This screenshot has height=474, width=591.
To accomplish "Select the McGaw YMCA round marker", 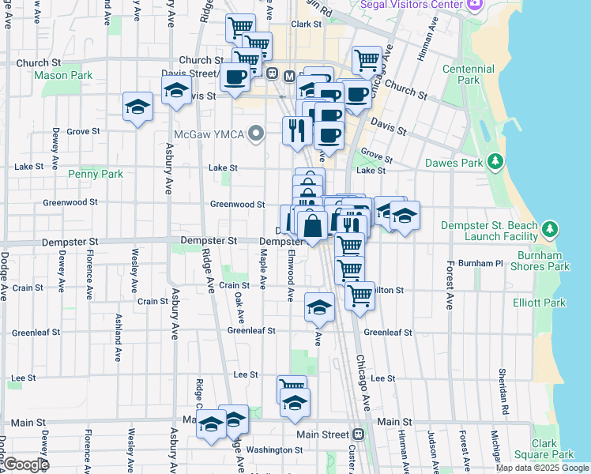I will [x=255, y=133].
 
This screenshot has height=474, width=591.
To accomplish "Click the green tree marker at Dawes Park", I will [x=495, y=162].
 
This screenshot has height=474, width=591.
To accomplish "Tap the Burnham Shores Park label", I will [x=544, y=261].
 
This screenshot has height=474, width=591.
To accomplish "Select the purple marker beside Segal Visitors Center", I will [x=474, y=5].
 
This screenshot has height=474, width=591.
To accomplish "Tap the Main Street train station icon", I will [x=359, y=434].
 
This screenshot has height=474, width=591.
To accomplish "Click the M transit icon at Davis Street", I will [x=289, y=76].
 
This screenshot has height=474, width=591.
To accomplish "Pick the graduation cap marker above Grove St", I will [x=138, y=107].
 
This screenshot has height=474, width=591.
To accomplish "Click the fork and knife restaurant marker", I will [x=297, y=128].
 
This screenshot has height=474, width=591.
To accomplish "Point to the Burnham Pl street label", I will [x=485, y=262].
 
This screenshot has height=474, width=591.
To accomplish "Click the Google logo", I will [x=25, y=465].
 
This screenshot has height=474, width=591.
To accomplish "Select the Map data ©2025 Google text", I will [x=542, y=468].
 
